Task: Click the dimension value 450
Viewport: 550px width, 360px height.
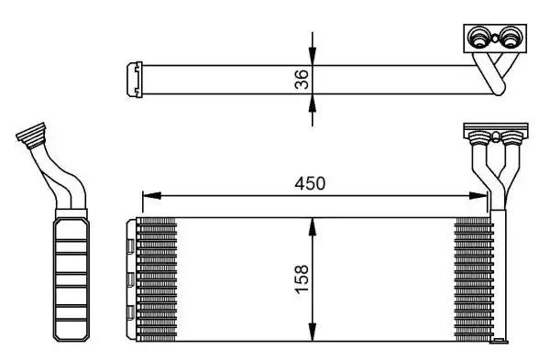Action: click(x=310, y=183)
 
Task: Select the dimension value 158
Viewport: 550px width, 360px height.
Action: click(x=302, y=279)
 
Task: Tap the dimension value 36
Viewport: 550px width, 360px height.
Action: click(x=302, y=79)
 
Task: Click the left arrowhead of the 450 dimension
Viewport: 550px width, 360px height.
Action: click(x=152, y=196)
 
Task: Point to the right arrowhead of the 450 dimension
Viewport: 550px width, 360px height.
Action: click(x=478, y=196)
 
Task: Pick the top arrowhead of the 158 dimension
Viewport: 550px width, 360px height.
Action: click(x=313, y=227)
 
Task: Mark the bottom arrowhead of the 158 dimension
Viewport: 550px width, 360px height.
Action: click(x=313, y=332)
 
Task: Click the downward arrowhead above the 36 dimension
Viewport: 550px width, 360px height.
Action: click(x=313, y=57)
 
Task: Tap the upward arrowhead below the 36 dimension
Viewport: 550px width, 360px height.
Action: click(x=313, y=104)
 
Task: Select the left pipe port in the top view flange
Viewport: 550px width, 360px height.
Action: click(x=478, y=38)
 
